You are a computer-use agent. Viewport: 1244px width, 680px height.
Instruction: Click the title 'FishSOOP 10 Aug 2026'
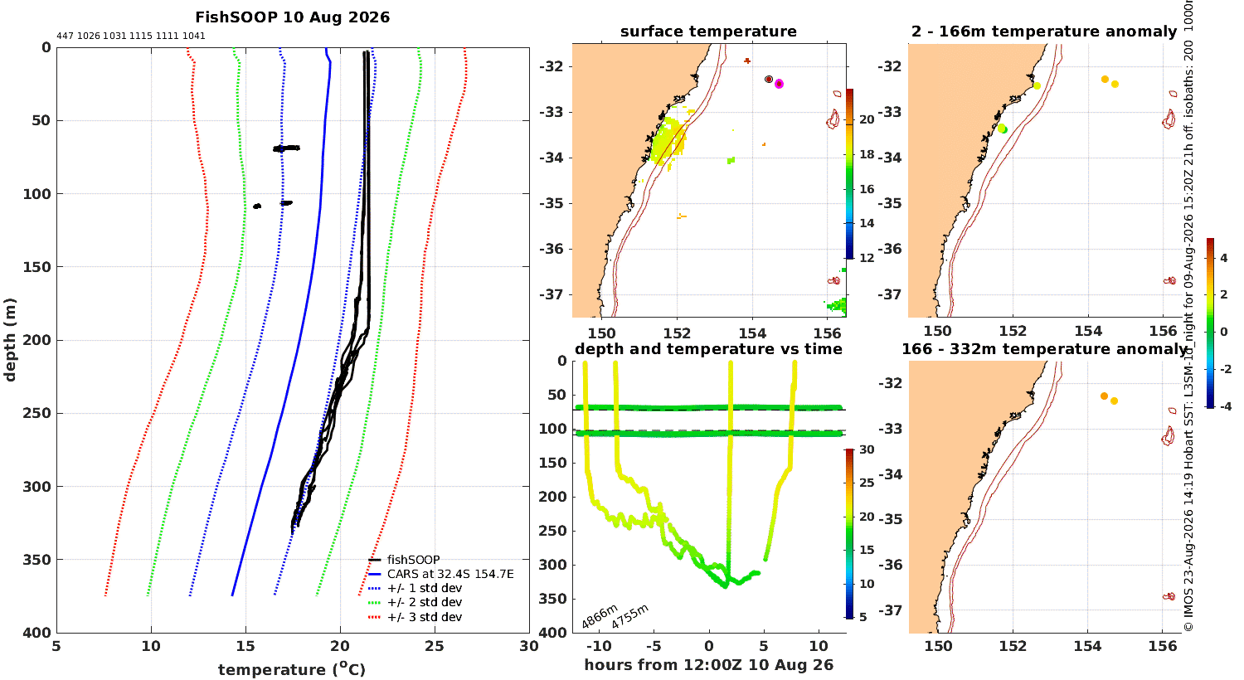pyautogui.click(x=292, y=17)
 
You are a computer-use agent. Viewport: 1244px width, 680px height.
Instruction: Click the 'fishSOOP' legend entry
pyautogui.click(x=413, y=560)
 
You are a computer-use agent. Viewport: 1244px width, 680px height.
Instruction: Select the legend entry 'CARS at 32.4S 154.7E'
pyautogui.click(x=450, y=574)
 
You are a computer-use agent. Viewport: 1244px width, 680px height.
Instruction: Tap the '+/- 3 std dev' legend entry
pyautogui.click(x=425, y=617)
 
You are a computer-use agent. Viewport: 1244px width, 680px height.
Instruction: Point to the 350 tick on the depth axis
pyautogui.click(x=36, y=560)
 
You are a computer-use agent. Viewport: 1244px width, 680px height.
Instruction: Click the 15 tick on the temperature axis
pyautogui.click(x=245, y=646)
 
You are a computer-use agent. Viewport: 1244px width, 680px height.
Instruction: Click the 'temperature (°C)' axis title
pyautogui.click(x=292, y=669)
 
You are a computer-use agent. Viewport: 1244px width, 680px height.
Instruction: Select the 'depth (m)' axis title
pyautogui.click(x=9, y=340)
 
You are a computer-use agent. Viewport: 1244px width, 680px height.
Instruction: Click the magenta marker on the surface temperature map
pyautogui.click(x=780, y=84)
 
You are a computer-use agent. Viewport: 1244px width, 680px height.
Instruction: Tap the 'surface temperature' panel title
pyautogui.click(x=708, y=31)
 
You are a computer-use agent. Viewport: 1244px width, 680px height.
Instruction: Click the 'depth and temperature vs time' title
pyautogui.click(x=708, y=348)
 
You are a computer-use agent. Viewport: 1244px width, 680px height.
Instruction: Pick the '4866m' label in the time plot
pyautogui.click(x=600, y=616)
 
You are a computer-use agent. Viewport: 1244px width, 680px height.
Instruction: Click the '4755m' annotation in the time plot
pyautogui.click(x=629, y=616)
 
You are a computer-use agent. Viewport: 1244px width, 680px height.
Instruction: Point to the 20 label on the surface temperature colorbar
pyautogui.click(x=867, y=119)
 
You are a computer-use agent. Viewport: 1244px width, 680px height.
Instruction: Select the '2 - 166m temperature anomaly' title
pyautogui.click(x=1044, y=31)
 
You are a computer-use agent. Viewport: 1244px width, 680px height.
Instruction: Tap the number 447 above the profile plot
pyautogui.click(x=65, y=36)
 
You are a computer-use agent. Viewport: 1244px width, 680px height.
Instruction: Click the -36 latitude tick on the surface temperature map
pyautogui.click(x=551, y=249)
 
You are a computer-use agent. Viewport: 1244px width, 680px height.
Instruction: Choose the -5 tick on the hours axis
pyautogui.click(x=654, y=646)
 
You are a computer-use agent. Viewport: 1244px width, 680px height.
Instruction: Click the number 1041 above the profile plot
pyautogui.click(x=194, y=36)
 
